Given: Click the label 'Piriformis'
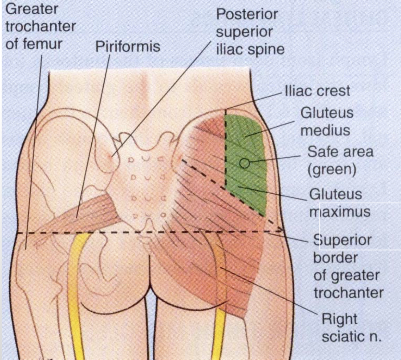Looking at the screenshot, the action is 127,47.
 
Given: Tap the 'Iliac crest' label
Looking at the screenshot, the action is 317,91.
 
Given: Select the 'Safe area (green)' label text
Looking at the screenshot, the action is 340,161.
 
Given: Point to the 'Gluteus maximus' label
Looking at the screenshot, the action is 340,203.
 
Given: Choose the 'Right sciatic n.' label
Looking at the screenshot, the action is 351,328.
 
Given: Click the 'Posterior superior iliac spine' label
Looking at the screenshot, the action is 250,32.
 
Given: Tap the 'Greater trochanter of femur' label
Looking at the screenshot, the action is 40,27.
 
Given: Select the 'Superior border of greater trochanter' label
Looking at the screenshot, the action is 348,266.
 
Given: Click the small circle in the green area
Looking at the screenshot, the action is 245,162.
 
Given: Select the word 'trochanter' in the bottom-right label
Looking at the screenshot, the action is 348,293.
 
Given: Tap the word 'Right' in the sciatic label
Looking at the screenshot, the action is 339,319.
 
